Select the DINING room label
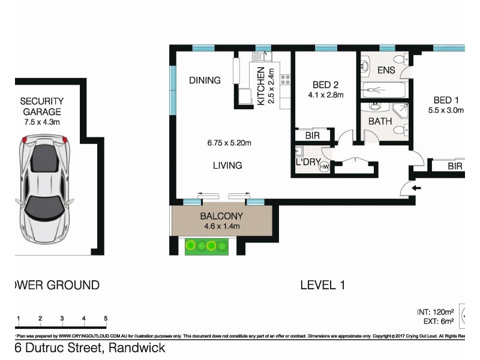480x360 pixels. pyautogui.click(x=205, y=80)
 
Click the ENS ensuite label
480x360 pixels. pyautogui.click(x=386, y=71)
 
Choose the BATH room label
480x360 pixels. pyautogui.click(x=380, y=121)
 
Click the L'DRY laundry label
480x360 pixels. pyautogui.click(x=306, y=162)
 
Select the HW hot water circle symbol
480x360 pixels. pyautogui.click(x=324, y=167)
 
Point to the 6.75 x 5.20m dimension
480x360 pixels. pyautogui.click(x=229, y=143)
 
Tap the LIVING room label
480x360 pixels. pyautogui.click(x=227, y=166)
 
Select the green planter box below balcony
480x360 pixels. pyautogui.click(x=207, y=245)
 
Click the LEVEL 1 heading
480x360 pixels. pyautogui.click(x=322, y=286)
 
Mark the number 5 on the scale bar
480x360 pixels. pyautogui.click(x=106, y=319)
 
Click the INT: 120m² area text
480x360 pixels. pyautogui.click(x=434, y=312)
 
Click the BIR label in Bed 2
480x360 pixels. pyautogui.click(x=312, y=136)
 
